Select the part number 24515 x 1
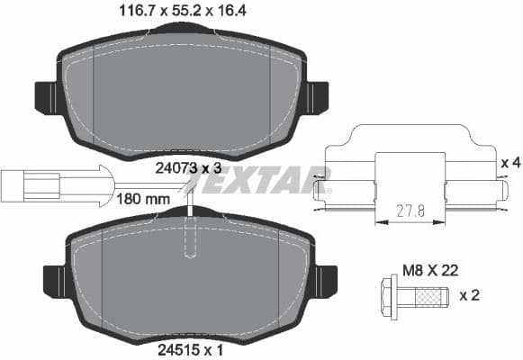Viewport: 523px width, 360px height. point(180,343)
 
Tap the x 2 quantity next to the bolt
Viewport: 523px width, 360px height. point(469,294)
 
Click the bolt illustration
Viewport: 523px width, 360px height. point(411,294)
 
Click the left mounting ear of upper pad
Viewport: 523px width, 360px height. point(48,94)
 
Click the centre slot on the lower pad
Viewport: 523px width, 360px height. point(190,238)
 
